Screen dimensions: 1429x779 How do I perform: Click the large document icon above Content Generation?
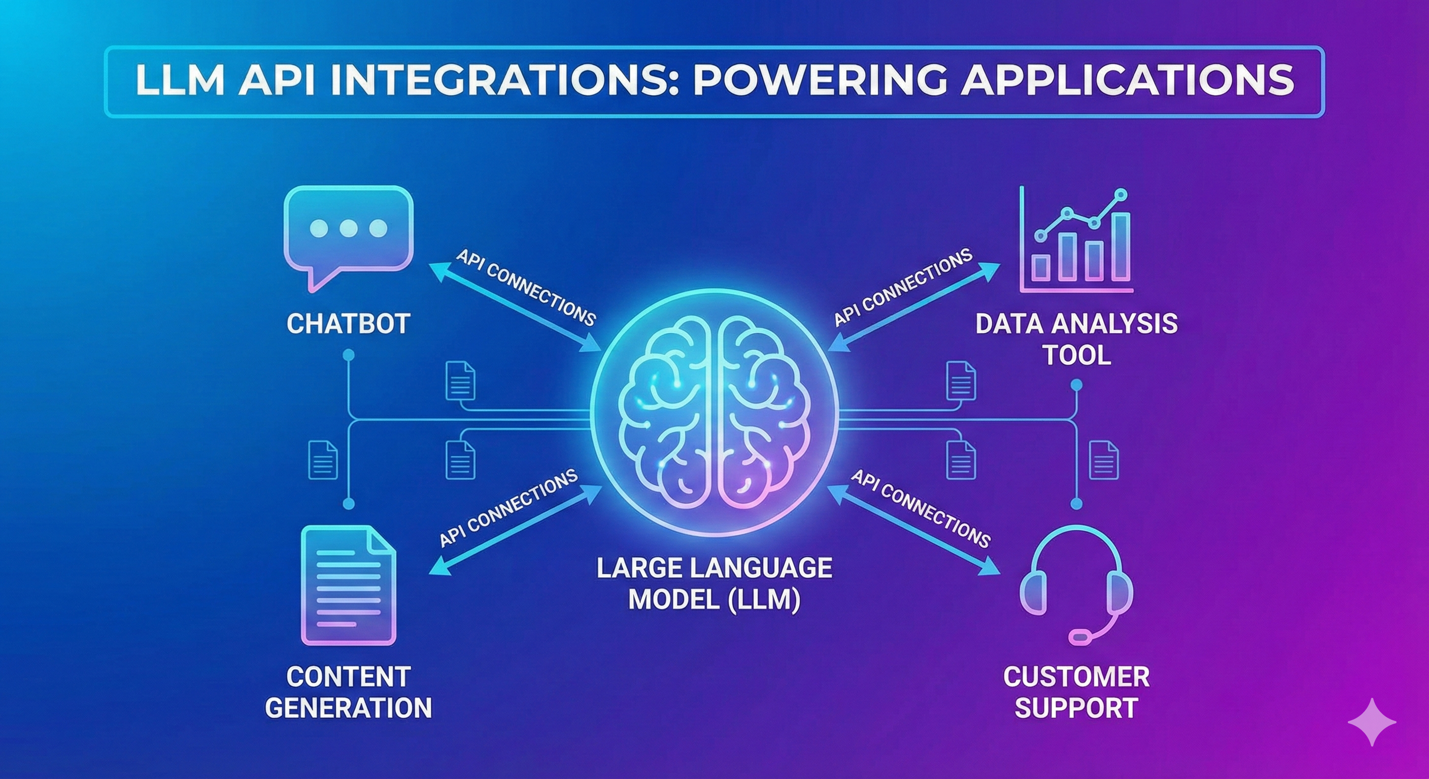pos(349,585)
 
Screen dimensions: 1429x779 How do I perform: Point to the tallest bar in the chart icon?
pos(1121,246)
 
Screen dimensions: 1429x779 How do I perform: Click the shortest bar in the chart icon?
pos(1040,267)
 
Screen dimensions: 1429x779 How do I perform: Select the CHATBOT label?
pos(349,324)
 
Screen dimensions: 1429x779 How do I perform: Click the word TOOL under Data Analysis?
pos(1077,355)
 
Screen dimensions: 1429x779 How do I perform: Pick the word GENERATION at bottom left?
pos(349,707)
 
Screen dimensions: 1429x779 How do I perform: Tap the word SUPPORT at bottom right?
pos(1076,707)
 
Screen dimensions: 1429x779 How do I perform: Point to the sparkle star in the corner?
pos(1372,721)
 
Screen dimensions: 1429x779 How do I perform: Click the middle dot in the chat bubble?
pos(349,228)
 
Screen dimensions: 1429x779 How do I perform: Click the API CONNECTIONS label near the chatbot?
pos(525,287)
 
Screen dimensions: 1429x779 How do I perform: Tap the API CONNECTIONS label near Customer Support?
pos(921,508)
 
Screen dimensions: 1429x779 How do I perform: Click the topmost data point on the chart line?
pos(1121,194)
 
